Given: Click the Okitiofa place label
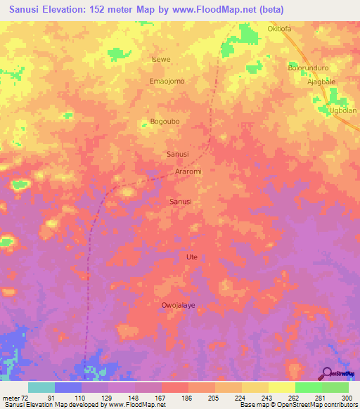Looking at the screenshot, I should (x=279, y=29).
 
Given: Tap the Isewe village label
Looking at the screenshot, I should (x=162, y=60).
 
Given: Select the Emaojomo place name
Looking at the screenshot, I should (x=167, y=82).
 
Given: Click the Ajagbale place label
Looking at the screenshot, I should (x=320, y=82).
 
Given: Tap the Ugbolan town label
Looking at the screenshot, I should (x=343, y=111).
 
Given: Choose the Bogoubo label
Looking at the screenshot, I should (x=165, y=122).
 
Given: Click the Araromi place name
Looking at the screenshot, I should (x=188, y=171).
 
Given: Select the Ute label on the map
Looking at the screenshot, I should (x=191, y=257).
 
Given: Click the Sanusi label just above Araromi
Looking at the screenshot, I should (x=176, y=153).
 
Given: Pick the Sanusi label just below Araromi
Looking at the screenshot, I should (x=181, y=202).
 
